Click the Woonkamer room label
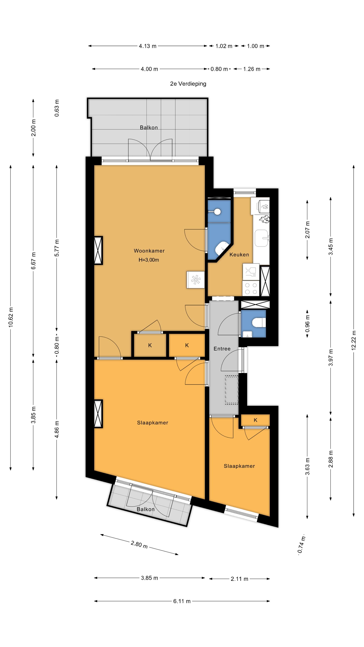[149, 251]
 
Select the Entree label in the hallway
[222, 349]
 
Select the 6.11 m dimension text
[182, 601]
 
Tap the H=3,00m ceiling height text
[149, 260]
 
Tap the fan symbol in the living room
[195, 280]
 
